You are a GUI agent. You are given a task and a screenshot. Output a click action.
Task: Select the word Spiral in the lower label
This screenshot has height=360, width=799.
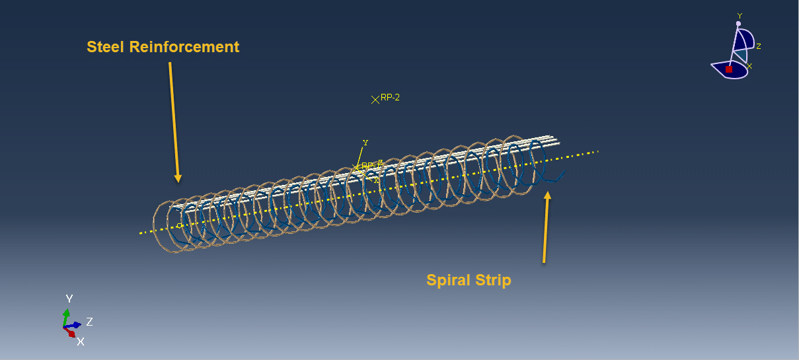pyautogui.click(x=447, y=280)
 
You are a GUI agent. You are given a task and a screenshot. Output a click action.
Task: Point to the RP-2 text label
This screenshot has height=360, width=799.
pyautogui.click(x=391, y=97)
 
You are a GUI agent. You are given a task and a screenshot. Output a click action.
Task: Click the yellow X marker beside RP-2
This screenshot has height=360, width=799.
pyautogui.click(x=375, y=99)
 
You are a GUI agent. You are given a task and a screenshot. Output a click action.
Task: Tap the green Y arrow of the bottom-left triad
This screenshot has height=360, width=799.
pyautogui.click(x=66, y=314)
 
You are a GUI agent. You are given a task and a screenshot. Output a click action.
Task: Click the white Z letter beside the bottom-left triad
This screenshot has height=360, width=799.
pyautogui.click(x=89, y=322)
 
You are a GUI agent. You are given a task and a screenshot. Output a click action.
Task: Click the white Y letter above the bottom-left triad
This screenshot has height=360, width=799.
pyautogui.click(x=69, y=299)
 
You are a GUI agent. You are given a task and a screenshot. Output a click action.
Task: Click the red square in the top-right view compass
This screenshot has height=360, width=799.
pyautogui.click(x=729, y=69)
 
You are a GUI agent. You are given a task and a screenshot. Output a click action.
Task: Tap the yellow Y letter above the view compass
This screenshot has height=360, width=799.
pyautogui.click(x=740, y=16)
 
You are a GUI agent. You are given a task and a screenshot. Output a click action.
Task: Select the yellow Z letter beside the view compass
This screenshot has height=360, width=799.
pyautogui.click(x=759, y=46)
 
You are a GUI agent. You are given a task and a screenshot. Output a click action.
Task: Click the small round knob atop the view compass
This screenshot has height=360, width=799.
pyautogui.click(x=739, y=24)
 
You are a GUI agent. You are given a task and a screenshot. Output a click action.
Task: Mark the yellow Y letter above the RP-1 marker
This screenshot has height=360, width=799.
pyautogui.click(x=365, y=142)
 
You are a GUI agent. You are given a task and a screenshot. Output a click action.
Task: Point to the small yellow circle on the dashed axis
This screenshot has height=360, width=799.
pyautogui.click(x=179, y=225)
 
